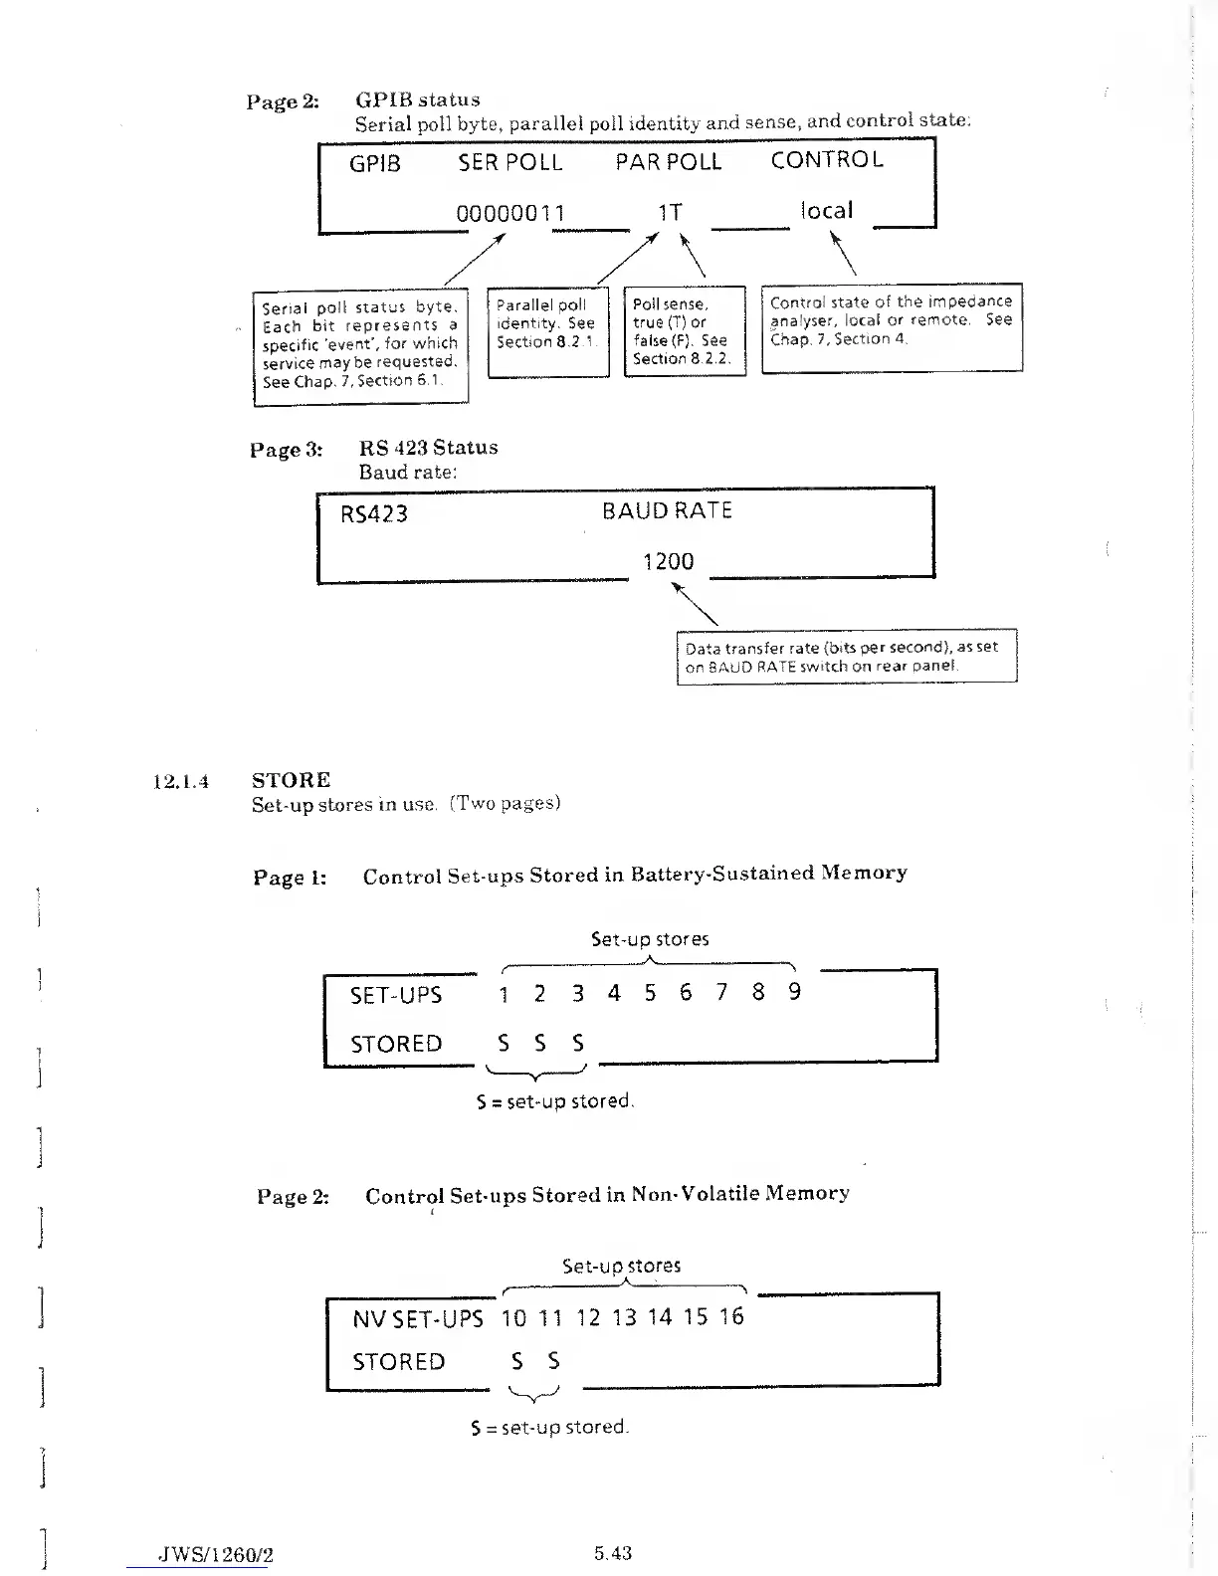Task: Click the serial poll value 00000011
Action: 510,213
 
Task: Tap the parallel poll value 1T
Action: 670,212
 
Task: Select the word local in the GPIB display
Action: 826,210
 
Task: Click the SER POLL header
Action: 510,162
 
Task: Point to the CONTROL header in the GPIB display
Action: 827,160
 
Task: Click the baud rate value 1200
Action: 668,561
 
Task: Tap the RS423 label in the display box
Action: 374,514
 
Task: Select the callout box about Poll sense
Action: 684,331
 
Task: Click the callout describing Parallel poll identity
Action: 547,331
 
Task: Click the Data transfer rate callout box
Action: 846,656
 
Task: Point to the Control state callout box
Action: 892,328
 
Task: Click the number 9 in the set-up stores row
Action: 794,992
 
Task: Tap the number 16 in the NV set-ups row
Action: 731,1316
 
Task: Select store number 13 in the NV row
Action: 624,1317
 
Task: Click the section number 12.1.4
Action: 180,781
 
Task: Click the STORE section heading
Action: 292,780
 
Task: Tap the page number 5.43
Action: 613,1553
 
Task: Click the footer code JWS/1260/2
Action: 216,1555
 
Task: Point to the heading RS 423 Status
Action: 429,448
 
